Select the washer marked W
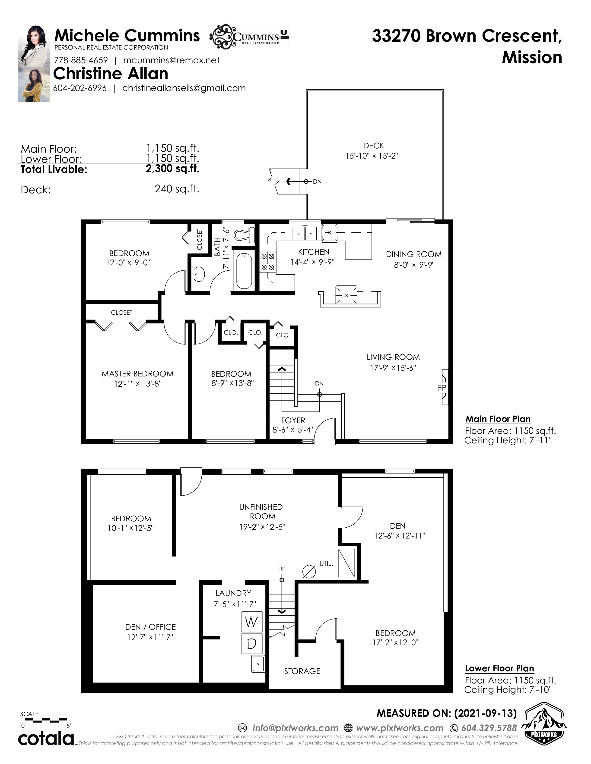point(252,622)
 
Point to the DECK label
point(374,146)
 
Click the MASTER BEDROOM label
point(138,374)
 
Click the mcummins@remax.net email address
point(171,60)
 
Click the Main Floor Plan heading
point(498,419)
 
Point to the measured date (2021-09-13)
point(485,713)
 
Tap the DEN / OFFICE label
point(151,627)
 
